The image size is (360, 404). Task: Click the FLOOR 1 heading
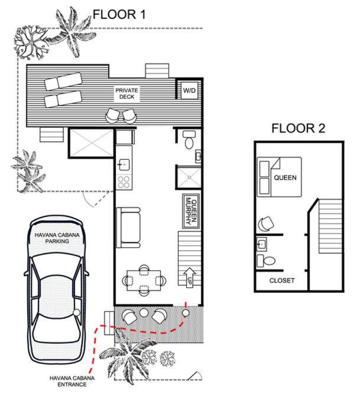point(119,14)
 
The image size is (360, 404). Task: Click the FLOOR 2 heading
point(298,128)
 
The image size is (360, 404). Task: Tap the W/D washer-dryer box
point(189,91)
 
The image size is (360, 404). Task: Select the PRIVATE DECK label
point(127,93)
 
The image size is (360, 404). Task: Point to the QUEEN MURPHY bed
point(191,211)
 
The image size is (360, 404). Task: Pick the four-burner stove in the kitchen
point(124,182)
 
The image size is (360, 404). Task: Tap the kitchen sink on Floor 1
point(124,164)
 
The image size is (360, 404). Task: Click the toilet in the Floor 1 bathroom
point(189,140)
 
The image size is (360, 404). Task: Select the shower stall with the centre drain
point(189,177)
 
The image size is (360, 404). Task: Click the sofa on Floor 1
point(128,228)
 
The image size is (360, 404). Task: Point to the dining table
point(144,280)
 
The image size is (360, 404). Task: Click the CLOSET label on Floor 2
point(282,280)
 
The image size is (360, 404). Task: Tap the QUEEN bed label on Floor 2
point(285,177)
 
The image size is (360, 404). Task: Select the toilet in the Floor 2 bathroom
point(266,261)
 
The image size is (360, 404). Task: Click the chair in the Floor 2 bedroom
point(266,224)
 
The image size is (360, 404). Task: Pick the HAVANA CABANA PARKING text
point(57,238)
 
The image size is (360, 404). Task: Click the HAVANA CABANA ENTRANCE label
point(72,382)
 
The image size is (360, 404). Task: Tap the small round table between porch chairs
point(144,313)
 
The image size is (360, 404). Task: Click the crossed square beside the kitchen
point(92,143)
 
